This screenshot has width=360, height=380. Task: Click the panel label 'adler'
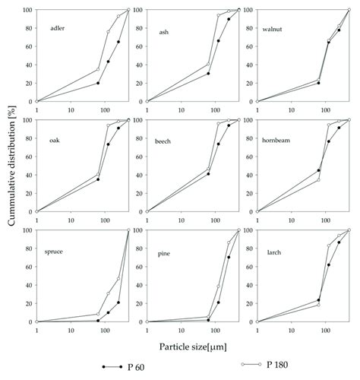pyautogui.click(x=56, y=29)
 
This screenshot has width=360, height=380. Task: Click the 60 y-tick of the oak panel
pyautogui.click(x=28, y=157)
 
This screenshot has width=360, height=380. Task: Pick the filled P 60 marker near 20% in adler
pyautogui.click(x=98, y=83)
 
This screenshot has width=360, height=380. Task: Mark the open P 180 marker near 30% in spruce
pyautogui.click(x=108, y=293)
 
